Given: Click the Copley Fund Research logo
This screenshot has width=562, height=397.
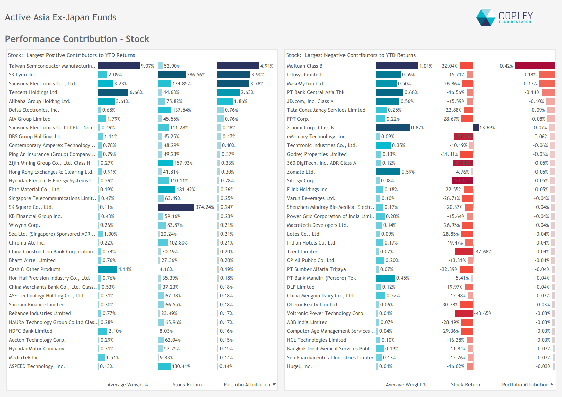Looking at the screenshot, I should pyautogui.click(x=504, y=17).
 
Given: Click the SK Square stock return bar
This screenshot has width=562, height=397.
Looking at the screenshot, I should pyautogui.click(x=176, y=207).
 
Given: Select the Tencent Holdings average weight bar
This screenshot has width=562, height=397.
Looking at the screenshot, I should pyautogui.click(x=113, y=92).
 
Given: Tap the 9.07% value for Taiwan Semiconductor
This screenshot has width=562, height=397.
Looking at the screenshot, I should pyautogui.click(x=147, y=66).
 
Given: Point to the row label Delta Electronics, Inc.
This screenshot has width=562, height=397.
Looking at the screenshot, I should pyautogui.click(x=34, y=110).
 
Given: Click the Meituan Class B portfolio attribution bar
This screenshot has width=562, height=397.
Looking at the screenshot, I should pyautogui.click(x=535, y=66).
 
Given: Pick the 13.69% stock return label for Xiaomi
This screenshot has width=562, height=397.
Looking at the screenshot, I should pyautogui.click(x=487, y=128).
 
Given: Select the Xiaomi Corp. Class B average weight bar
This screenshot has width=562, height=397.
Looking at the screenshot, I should pyautogui.click(x=393, y=128).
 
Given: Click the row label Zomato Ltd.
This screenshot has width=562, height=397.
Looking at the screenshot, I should pyautogui.click(x=301, y=172).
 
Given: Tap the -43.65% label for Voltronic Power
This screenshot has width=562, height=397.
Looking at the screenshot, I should pyautogui.click(x=483, y=313).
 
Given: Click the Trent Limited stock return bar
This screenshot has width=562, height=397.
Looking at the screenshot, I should pyautogui.click(x=464, y=252).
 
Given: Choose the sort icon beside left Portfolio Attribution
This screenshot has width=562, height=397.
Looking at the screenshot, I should pyautogui.click(x=274, y=385).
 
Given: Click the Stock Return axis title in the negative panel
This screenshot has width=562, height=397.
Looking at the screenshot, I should pyautogui.click(x=465, y=385).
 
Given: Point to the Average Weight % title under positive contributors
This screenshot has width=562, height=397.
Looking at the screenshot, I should pyautogui.click(x=127, y=385).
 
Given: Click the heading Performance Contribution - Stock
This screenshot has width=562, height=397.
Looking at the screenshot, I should pyautogui.click(x=77, y=39).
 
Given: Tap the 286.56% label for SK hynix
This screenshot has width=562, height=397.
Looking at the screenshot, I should pyautogui.click(x=196, y=75).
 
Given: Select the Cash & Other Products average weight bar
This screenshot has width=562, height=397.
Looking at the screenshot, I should pyautogui.click(x=107, y=269).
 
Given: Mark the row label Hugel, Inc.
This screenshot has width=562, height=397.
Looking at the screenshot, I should pyautogui.click(x=299, y=366).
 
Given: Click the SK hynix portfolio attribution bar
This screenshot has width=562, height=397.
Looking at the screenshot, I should pyautogui.click(x=233, y=75).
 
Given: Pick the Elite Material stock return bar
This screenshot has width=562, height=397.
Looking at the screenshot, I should pyautogui.click(x=166, y=190).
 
